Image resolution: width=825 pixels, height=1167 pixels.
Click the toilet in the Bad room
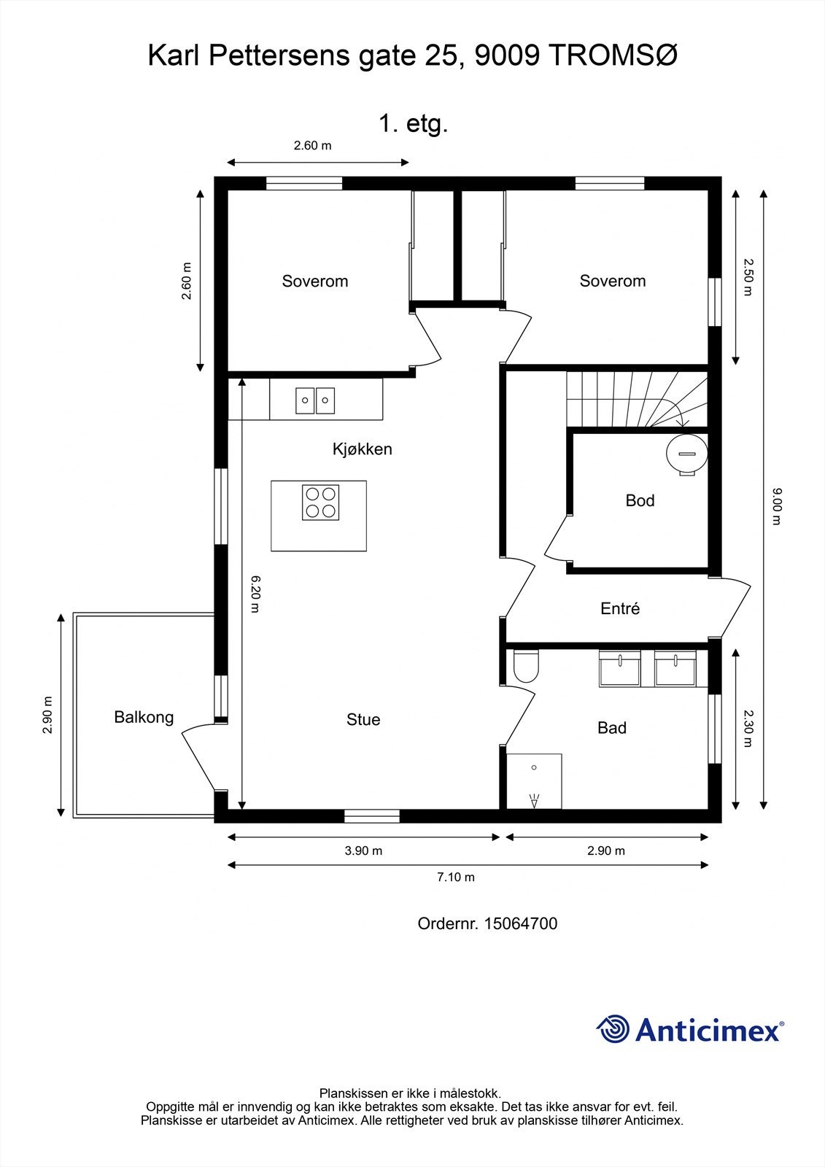point(525,666)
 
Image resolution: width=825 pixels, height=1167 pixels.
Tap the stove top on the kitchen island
point(321,503)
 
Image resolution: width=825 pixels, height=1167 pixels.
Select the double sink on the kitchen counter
point(315,400)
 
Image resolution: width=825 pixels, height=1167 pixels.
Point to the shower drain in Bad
point(535,767)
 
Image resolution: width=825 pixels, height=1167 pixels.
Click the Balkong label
point(144,717)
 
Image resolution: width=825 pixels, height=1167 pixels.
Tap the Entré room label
point(620,608)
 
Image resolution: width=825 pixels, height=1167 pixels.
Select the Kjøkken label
point(362,449)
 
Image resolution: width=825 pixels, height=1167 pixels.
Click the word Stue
point(363,720)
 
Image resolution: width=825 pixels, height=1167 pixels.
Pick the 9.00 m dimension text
point(776,507)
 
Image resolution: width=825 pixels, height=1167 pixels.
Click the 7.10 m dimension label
point(456,877)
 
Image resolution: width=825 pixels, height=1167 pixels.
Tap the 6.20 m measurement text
point(255,594)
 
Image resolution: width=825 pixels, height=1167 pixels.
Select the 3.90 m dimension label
point(363,850)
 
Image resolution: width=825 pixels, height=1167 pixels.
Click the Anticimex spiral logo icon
point(613,1029)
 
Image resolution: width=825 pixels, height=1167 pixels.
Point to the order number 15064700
point(520,923)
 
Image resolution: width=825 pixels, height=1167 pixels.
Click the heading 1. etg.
point(413,124)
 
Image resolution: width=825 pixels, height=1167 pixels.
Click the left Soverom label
point(315,282)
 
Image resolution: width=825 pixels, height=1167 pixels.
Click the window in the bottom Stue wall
point(372,816)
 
